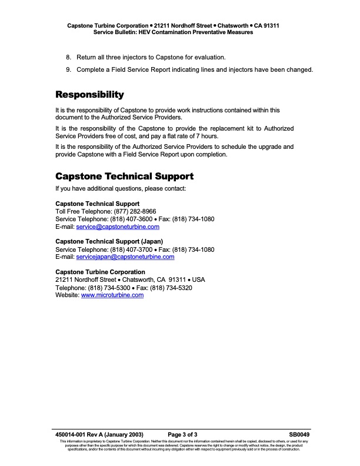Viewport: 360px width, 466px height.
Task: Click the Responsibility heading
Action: [x=89, y=95]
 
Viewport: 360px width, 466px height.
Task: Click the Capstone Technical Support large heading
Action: [x=124, y=176]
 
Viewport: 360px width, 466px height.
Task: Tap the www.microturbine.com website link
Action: [x=112, y=295]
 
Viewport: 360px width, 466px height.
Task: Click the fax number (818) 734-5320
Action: [x=172, y=288]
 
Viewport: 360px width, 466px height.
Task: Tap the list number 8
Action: [x=68, y=57]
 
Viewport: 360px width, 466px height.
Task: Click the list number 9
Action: [x=68, y=69]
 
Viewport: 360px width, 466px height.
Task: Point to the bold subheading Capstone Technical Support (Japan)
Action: [x=109, y=242]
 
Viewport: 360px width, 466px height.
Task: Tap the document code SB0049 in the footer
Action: [x=299, y=434]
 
